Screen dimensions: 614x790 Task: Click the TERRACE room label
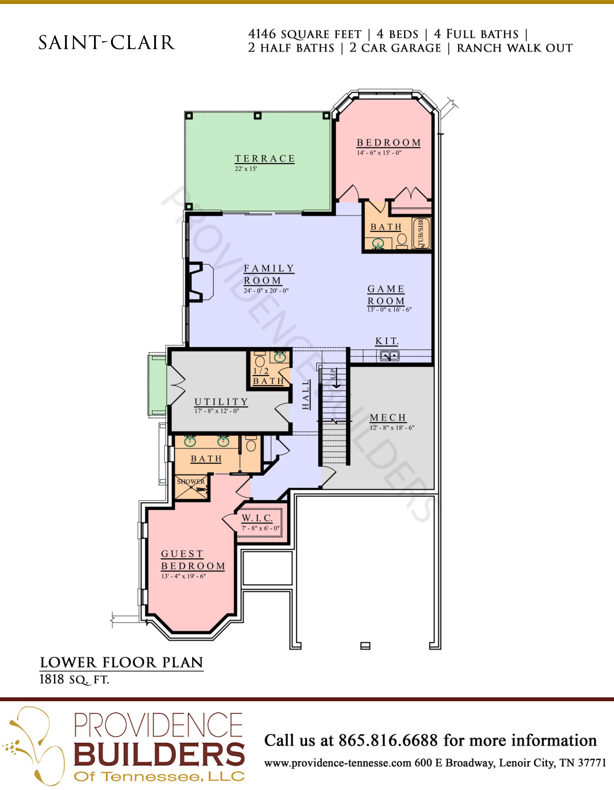pos(265,159)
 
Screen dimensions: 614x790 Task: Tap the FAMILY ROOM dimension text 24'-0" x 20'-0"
pos(266,291)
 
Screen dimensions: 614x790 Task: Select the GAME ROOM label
pos(386,295)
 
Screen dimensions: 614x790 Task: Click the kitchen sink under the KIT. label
pos(390,356)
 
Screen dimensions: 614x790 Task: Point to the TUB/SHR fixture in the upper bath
pos(421,233)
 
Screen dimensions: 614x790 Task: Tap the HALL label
pos(306,395)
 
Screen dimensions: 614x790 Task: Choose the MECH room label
pos(388,418)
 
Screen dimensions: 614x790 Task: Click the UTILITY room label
pos(221,402)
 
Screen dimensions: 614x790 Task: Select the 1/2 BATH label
pos(268,376)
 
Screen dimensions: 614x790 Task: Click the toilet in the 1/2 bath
pos(260,359)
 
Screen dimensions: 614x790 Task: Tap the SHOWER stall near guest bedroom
pos(191,487)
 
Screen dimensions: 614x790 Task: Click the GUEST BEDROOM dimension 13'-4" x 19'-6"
pos(183,576)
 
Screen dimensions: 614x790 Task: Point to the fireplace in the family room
pos(200,282)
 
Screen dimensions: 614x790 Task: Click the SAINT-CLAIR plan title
pos(107,43)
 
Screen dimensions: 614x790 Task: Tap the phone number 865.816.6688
pos(388,740)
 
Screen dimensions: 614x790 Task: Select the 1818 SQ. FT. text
pos(74,679)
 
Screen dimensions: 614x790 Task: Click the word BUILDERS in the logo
pos(159,754)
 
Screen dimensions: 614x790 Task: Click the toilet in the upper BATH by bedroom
pos(402,241)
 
